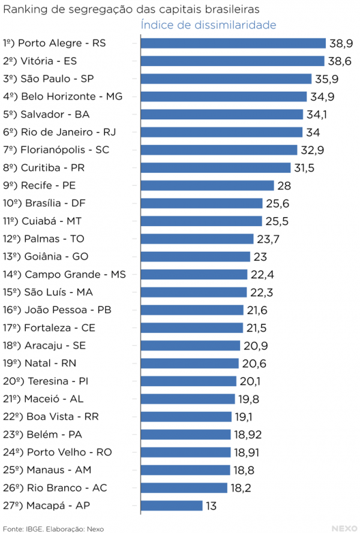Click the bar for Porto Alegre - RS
click(233, 43)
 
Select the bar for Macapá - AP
click(171, 505)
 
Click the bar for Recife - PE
click(206, 186)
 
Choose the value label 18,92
click(249, 435)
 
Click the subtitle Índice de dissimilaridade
click(208, 25)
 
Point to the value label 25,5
click(277, 221)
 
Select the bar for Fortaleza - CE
click(191, 328)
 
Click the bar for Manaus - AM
click(185, 470)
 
